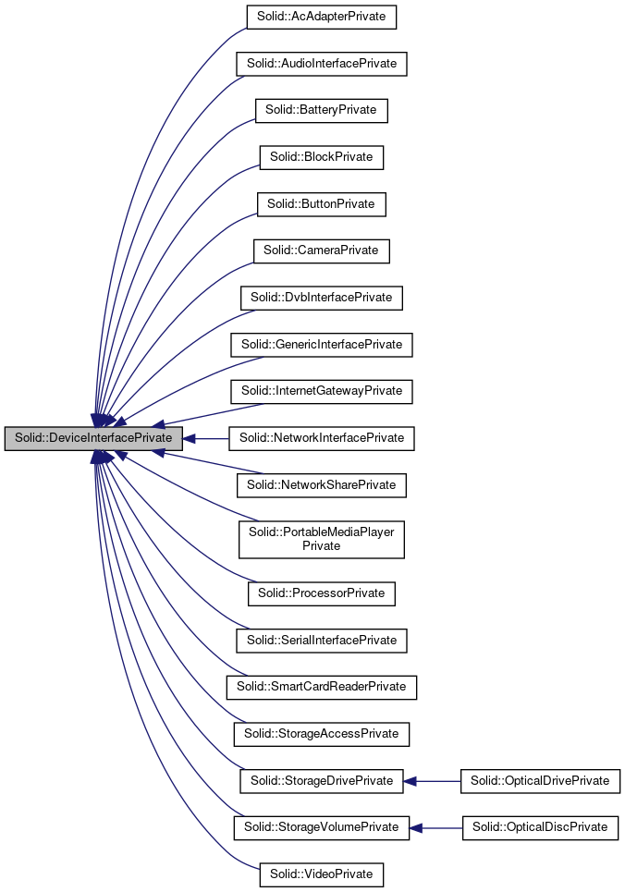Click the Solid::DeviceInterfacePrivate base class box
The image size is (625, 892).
point(92,438)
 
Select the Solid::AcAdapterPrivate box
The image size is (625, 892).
point(321,17)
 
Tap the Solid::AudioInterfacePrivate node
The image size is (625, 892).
point(321,64)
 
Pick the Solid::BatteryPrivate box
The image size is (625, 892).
point(321,110)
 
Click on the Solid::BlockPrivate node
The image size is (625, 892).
point(321,157)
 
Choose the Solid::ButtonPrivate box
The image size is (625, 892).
point(321,204)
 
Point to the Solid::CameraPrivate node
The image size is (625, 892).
point(321,250)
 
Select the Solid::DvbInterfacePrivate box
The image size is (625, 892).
point(321,298)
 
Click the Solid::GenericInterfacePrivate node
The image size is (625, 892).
point(321,345)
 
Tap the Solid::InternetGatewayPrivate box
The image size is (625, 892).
point(321,391)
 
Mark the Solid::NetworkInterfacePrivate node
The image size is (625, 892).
point(321,438)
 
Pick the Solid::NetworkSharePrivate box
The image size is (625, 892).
point(321,484)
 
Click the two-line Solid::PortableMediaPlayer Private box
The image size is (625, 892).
point(321,539)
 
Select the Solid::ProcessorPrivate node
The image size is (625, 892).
point(321,593)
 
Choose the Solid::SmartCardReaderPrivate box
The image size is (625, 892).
point(321,687)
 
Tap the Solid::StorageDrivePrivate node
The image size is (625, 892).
point(321,781)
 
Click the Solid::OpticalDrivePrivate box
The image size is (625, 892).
point(540,781)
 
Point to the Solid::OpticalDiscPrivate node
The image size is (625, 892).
point(540,827)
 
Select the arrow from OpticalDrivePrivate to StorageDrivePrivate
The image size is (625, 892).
point(433,781)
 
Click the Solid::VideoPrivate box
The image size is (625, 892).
point(321,874)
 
